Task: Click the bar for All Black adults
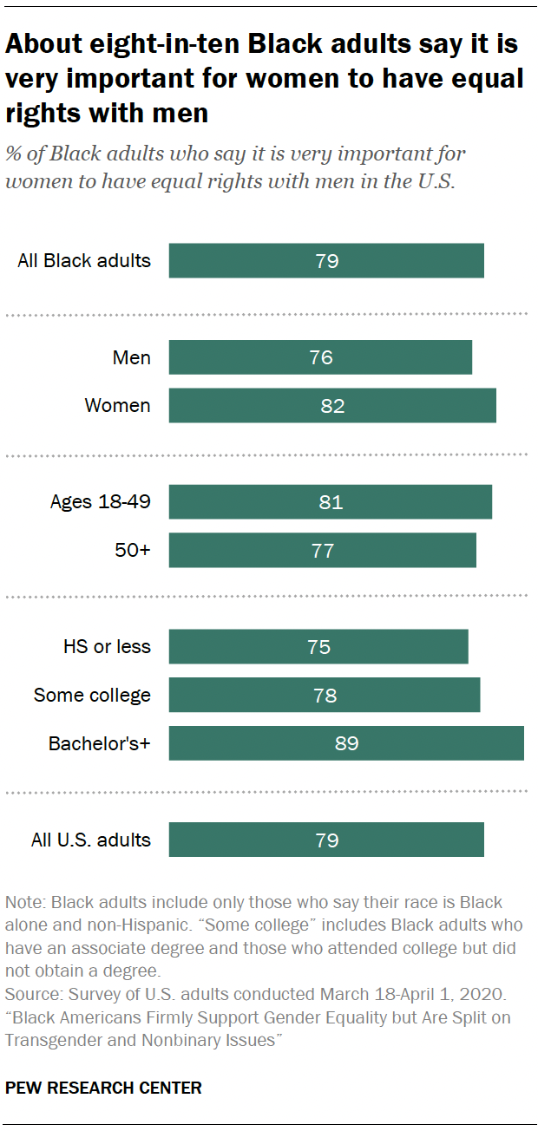[326, 260]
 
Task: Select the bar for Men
[320, 357]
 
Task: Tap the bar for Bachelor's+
[346, 743]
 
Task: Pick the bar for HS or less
[318, 647]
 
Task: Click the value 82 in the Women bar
[333, 406]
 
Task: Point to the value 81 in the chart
[331, 502]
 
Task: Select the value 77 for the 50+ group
[323, 551]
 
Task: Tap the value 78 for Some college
[325, 696]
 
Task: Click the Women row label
[117, 406]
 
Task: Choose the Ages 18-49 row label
[100, 502]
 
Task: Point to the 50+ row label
[134, 551]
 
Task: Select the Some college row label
[92, 696]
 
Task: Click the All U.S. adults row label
[91, 840]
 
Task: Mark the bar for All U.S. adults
[326, 840]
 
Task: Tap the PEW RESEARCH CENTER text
[103, 1088]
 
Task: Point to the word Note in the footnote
[22, 903]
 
